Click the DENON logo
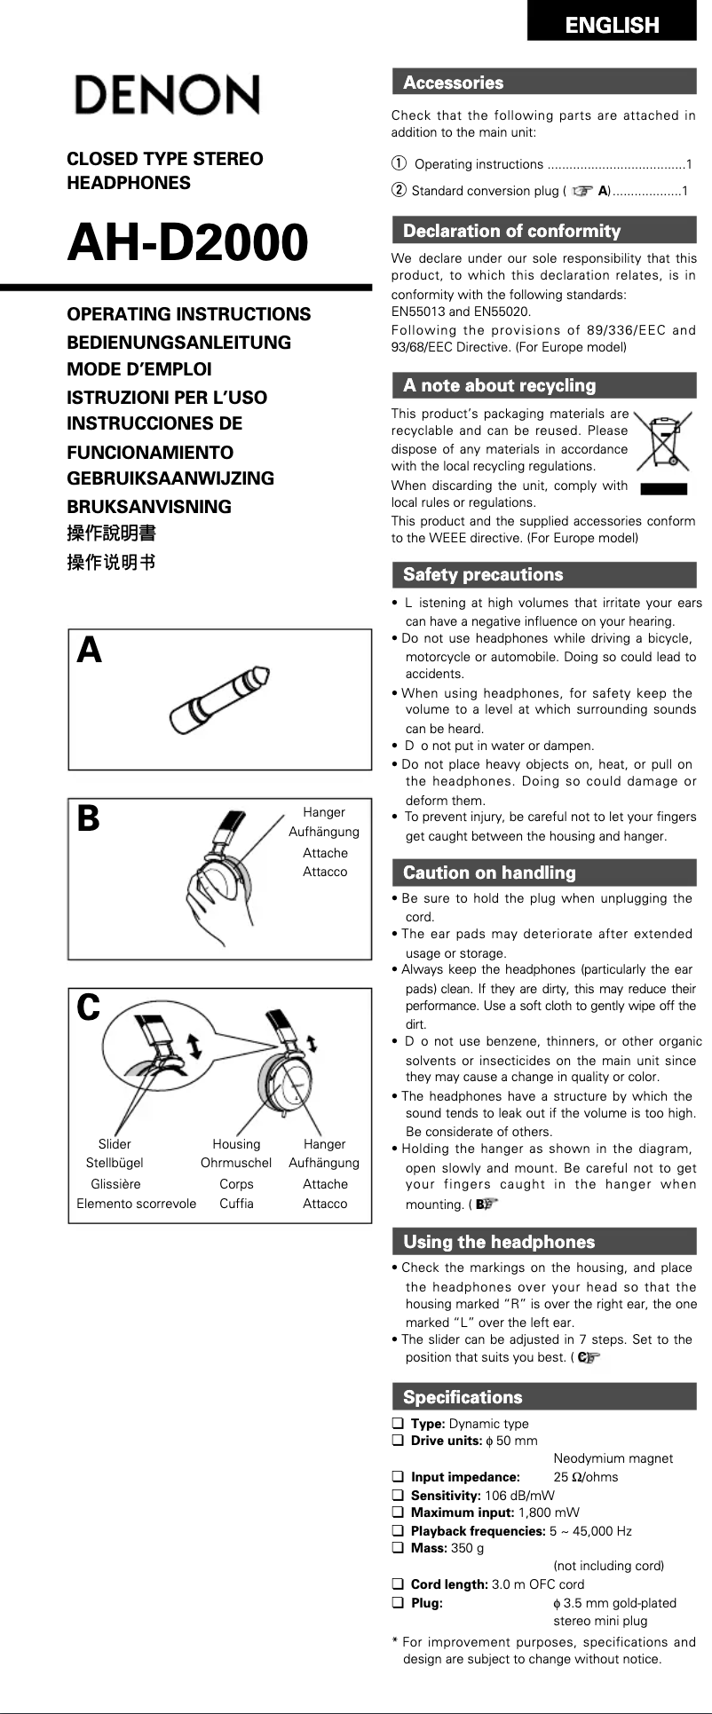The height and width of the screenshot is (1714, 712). click(167, 95)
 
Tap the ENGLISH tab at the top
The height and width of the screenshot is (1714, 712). click(612, 24)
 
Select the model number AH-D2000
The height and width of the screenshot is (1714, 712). click(187, 242)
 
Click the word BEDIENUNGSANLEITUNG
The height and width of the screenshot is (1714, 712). click(178, 342)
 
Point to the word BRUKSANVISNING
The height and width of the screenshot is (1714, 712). click(149, 507)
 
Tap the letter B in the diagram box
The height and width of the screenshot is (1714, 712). click(89, 818)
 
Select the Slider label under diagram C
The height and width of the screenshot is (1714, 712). click(115, 1144)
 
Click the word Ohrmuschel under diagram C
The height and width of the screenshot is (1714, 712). click(236, 1163)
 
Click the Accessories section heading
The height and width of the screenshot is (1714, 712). click(453, 83)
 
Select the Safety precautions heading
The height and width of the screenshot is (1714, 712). click(482, 574)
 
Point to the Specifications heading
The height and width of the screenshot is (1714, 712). click(463, 1397)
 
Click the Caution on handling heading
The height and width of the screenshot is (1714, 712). click(489, 873)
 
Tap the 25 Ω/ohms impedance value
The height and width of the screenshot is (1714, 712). click(585, 1477)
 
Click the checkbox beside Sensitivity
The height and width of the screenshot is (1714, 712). click(398, 1495)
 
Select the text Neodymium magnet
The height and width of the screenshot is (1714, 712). click(613, 1458)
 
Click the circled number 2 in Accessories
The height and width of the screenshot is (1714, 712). click(400, 191)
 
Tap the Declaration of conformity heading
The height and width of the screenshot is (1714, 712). click(511, 231)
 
